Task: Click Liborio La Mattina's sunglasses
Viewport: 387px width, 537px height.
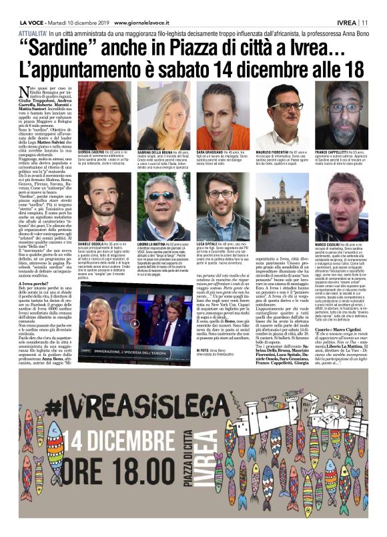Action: pyautogui.click(x=163, y=196)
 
